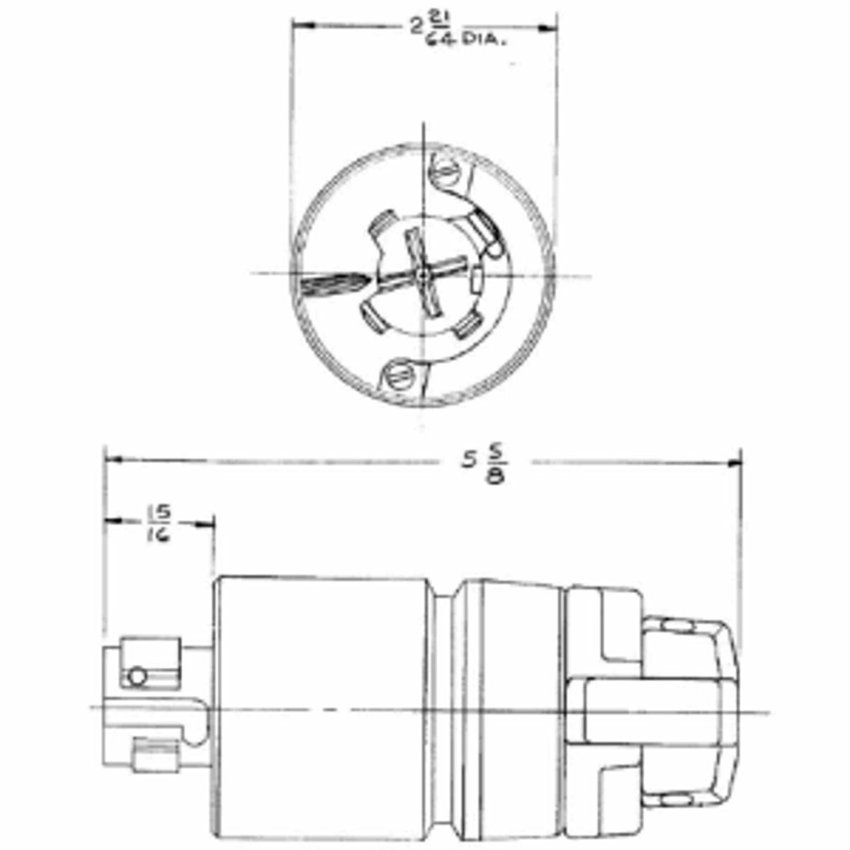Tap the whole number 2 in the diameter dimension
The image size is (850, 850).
pyautogui.click(x=417, y=27)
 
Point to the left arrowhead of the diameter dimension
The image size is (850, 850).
pyautogui.click(x=300, y=26)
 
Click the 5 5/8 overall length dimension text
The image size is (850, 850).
pyautogui.click(x=486, y=464)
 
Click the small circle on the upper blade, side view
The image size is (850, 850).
pyautogui.click(x=137, y=676)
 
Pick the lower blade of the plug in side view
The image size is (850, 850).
pyautogui.click(x=154, y=755)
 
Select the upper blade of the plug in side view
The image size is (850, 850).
pyautogui.click(x=150, y=663)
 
